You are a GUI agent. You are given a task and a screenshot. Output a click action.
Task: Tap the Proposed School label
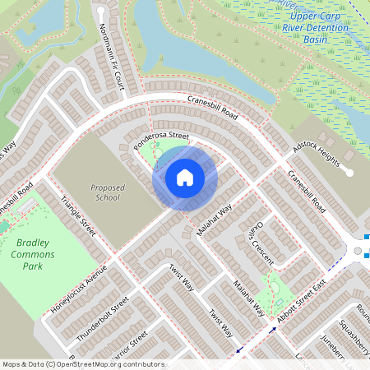(108, 192)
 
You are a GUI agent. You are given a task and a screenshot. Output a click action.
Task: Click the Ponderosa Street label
(162, 141)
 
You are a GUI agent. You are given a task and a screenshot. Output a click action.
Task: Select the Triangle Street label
(78, 217)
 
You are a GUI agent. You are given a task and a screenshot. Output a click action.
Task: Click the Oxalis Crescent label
(261, 236)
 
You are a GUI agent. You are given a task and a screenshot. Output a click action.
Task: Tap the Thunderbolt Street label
(103, 320)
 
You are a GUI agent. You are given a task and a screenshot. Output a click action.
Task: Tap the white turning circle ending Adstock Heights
(349, 173)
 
